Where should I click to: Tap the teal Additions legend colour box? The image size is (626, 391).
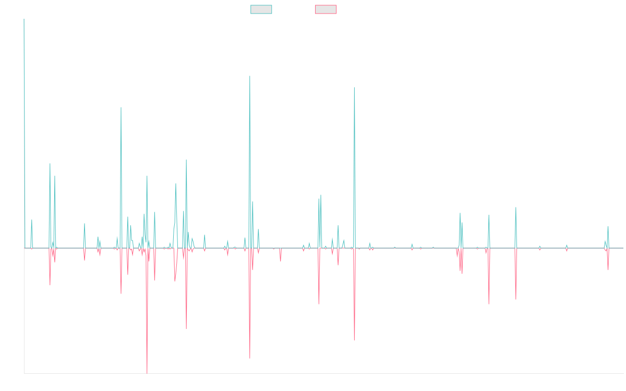(261, 9)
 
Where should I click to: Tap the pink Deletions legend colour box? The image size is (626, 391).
(326, 9)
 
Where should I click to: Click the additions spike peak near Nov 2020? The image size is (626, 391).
(354, 87)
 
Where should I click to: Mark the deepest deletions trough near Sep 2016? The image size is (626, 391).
(147, 373)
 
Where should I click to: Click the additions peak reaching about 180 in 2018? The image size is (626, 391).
(250, 77)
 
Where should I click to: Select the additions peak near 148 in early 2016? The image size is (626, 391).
(121, 107)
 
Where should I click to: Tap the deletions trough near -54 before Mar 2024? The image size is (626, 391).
(516, 299)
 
